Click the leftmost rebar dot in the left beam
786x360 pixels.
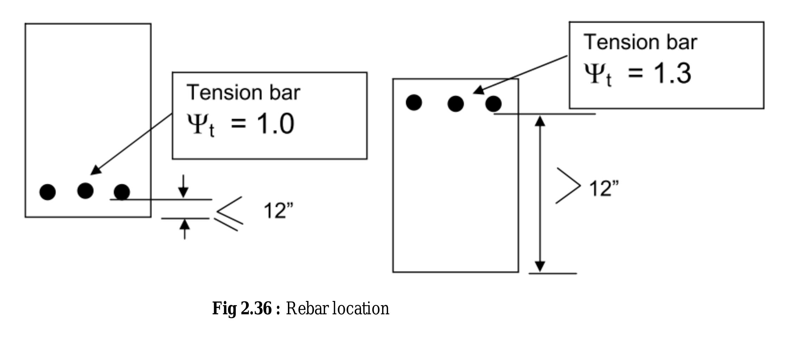click(47, 192)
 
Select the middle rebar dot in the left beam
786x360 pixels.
click(85, 191)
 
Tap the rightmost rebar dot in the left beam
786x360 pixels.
click(122, 192)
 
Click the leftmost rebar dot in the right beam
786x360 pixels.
click(414, 103)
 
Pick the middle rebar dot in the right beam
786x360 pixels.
click(456, 104)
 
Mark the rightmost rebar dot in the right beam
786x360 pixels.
click(493, 104)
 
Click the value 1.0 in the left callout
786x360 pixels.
click(276, 124)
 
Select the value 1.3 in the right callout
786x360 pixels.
click(672, 73)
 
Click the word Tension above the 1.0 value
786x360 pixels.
click(224, 93)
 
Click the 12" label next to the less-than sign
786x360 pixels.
click(278, 211)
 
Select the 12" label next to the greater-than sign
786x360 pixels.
click(604, 188)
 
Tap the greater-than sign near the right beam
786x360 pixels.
click(568, 186)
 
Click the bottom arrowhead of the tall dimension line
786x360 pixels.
click(540, 266)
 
